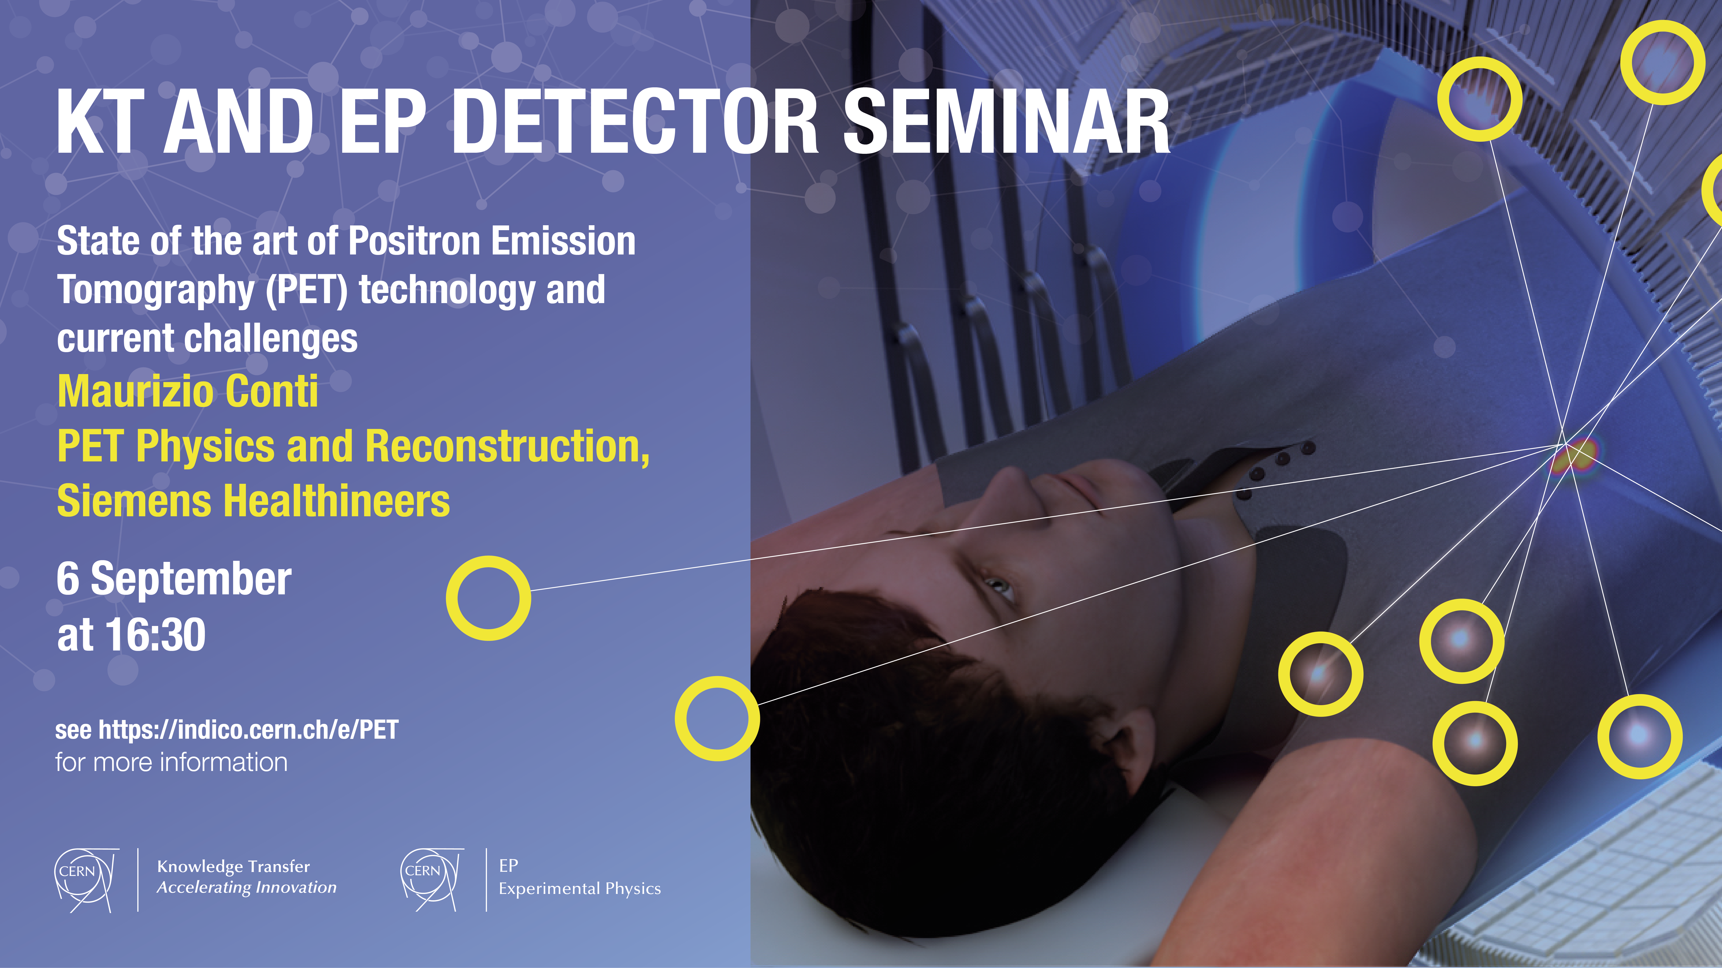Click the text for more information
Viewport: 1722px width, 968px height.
171,762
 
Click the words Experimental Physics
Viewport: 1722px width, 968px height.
580,888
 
